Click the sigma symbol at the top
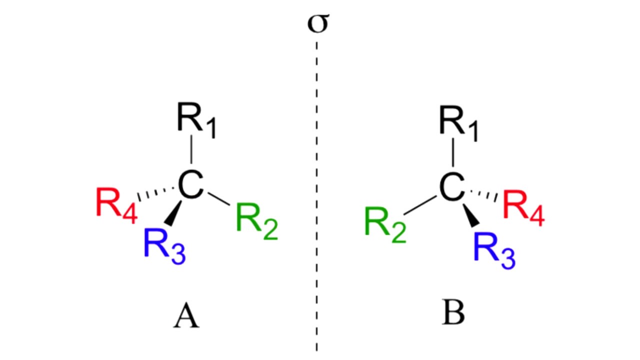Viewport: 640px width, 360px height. click(318, 24)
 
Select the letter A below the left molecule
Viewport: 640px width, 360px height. click(186, 316)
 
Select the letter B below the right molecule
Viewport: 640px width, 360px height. click(453, 314)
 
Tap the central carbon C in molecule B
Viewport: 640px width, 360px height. click(453, 186)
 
